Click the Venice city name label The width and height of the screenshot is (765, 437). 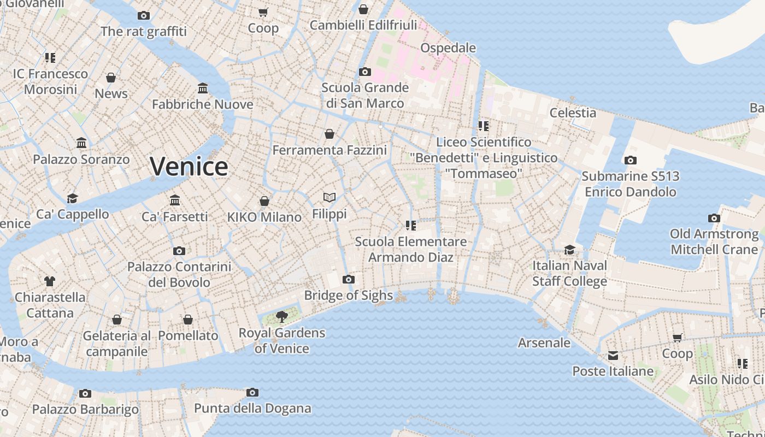point(189,166)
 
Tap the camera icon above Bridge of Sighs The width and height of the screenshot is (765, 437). point(348,280)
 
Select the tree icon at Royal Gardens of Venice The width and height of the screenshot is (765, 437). point(282,316)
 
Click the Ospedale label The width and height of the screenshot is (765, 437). point(448,48)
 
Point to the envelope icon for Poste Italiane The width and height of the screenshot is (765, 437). point(613,356)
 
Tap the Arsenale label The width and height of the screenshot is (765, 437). point(544,343)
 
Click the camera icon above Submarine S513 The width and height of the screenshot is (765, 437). point(630,161)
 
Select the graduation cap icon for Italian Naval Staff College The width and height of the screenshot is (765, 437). point(569,250)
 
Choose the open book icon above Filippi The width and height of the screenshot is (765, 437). point(329,197)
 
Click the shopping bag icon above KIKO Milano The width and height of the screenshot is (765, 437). point(264,201)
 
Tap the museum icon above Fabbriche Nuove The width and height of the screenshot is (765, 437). point(203,88)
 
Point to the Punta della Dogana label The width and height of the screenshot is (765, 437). point(252,408)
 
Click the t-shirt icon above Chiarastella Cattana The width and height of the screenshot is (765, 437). point(50,281)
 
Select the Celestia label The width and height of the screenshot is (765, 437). point(573,113)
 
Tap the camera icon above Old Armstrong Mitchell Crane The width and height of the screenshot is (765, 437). point(714,218)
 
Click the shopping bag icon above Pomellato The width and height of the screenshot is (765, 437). point(188,320)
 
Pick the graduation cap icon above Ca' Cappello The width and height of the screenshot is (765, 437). point(72,198)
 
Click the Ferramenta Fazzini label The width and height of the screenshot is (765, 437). point(329,150)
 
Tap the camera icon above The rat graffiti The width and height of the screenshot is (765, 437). point(144,16)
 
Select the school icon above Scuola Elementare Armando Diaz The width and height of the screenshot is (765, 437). point(411,226)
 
